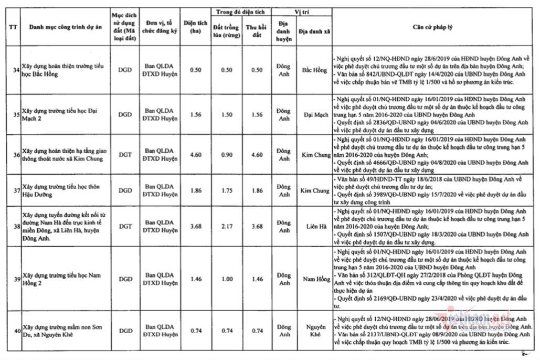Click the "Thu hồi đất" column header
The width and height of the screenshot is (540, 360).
pyautogui.click(x=257, y=31)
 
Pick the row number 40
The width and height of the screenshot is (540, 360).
pyautogui.click(x=17, y=331)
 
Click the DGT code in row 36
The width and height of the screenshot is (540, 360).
pyautogui.click(x=125, y=155)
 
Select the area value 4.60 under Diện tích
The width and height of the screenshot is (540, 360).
pyautogui.click(x=195, y=155)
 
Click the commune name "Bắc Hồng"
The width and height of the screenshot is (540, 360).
pyautogui.click(x=314, y=70)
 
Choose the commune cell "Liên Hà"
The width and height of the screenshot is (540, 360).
pyautogui.click(x=314, y=226)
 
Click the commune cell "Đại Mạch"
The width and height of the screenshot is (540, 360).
pyautogui.click(x=314, y=114)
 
